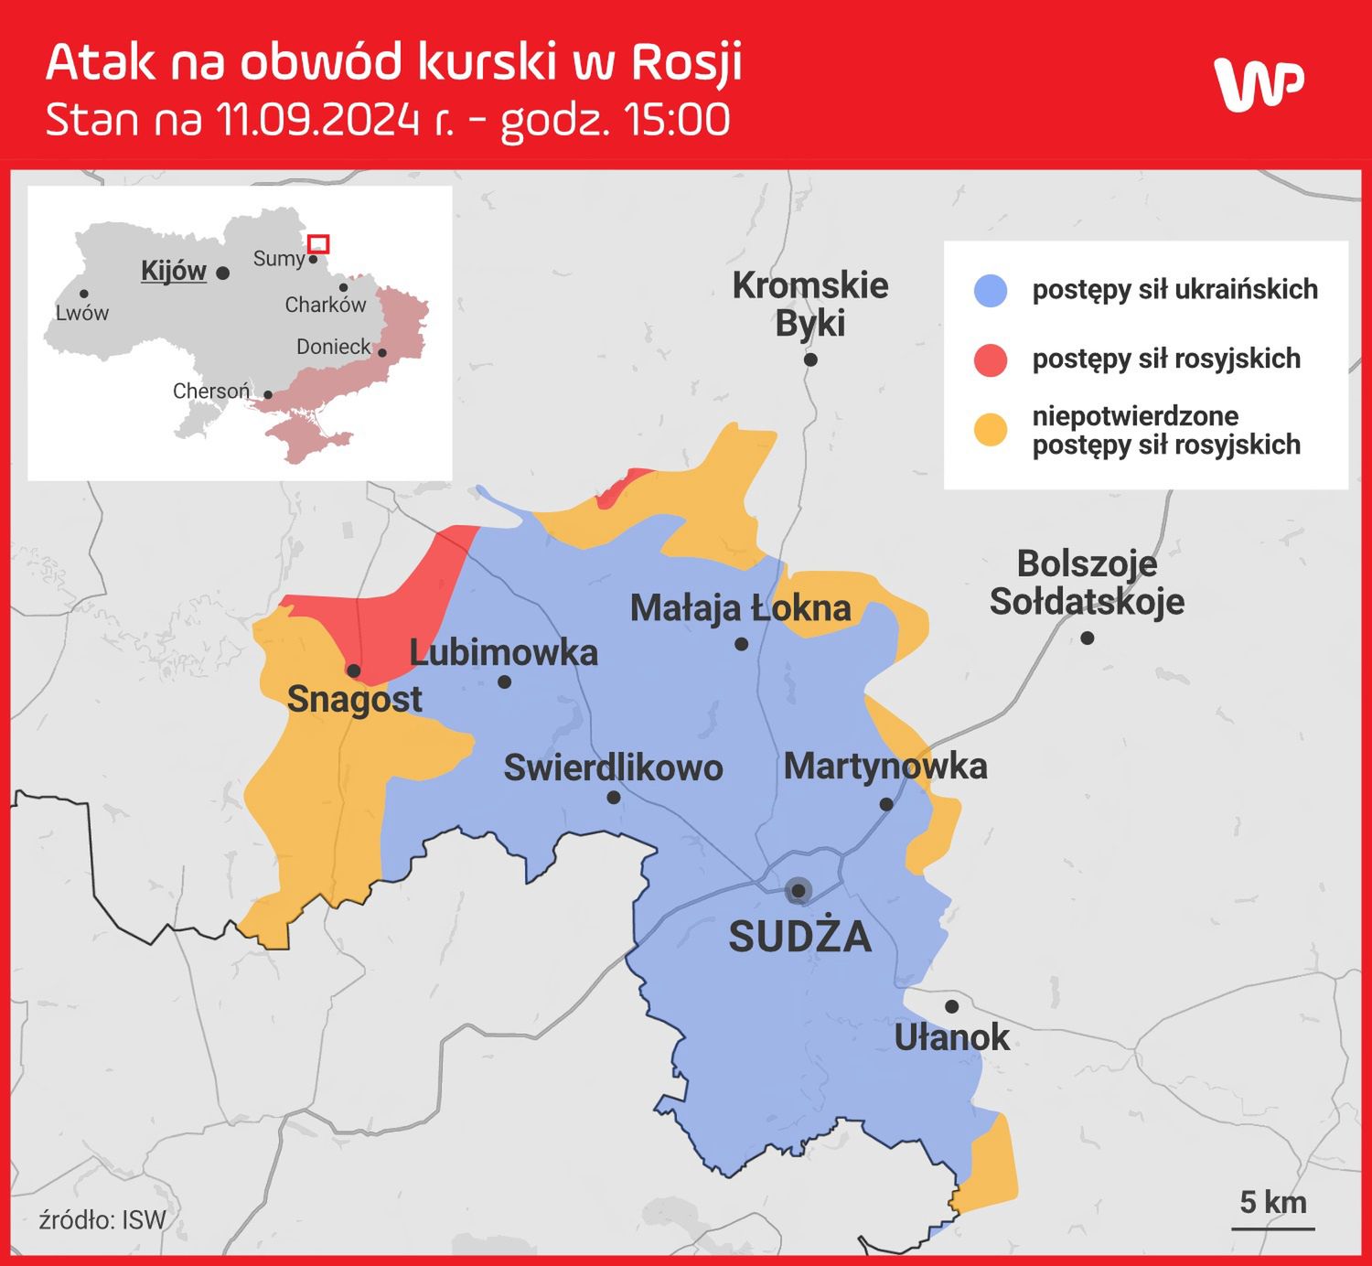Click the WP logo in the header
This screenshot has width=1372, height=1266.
1259,84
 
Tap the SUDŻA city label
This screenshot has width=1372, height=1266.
799,937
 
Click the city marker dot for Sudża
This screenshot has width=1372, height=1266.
799,890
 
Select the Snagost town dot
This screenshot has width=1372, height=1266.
354,671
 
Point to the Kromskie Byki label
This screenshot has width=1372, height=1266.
810,304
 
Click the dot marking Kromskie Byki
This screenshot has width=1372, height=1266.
810,359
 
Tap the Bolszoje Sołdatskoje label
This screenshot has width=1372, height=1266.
1087,583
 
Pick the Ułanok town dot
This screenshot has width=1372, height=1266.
951,1006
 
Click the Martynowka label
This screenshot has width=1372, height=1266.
885,767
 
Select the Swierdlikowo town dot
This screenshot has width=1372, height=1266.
614,798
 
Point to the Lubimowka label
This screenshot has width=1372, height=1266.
503,652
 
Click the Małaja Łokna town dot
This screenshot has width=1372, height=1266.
742,644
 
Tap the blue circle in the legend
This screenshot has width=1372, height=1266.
991,290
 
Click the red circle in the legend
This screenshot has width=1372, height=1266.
991,359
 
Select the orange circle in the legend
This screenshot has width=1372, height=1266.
991,430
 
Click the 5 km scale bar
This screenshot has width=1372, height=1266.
1273,1226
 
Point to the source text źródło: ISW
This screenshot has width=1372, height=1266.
102,1219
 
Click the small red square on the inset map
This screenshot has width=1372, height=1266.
318,244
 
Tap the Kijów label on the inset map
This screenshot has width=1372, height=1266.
174,271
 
